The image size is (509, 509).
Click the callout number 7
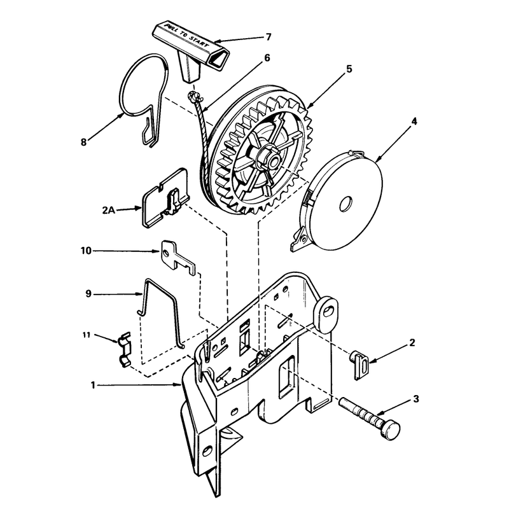pos(268,37)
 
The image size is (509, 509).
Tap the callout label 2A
pos(109,211)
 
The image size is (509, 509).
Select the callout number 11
pos(86,335)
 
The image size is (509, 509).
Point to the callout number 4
pos(414,122)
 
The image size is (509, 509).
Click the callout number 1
pos(93,385)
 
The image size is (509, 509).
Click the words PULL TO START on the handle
pos(186,35)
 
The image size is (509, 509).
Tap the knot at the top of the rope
pos(193,97)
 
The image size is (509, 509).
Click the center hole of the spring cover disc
pos(345,204)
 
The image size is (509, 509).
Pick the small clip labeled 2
pos(359,365)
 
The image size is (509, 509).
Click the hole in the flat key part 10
pos(166,252)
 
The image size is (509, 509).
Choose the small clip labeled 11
pos(124,350)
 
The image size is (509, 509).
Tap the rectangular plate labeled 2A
pos(165,198)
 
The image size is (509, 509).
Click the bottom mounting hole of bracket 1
pos(207,451)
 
